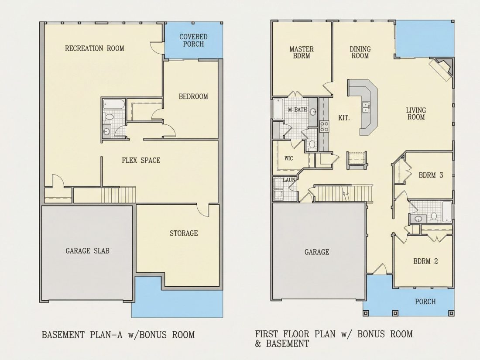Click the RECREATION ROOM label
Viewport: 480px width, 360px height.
coord(95,48)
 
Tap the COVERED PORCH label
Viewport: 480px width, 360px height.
coord(193,41)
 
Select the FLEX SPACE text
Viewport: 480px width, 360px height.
coord(141,160)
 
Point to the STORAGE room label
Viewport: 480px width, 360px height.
coord(184,233)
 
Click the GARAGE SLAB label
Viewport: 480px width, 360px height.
coord(88,251)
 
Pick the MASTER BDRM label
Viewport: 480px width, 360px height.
coord(302,52)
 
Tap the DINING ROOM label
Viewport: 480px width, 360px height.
coord(360,52)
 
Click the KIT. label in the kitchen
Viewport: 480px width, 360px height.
coord(344,117)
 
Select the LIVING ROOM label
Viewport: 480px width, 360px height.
coord(416,113)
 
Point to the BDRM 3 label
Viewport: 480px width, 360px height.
coord(431,175)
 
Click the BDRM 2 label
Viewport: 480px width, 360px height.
coord(425,261)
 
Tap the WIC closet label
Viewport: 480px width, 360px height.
coord(289,158)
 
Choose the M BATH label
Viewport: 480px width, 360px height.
coord(297,110)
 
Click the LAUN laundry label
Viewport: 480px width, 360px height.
coord(289,180)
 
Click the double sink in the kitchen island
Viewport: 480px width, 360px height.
coord(366,107)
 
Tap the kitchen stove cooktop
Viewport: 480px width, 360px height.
coord(324,127)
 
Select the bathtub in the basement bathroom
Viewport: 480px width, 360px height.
coord(113,104)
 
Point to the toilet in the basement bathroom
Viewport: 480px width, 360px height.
coord(109,117)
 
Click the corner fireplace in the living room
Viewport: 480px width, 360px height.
coord(441,69)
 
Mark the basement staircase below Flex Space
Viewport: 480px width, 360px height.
coord(118,195)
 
